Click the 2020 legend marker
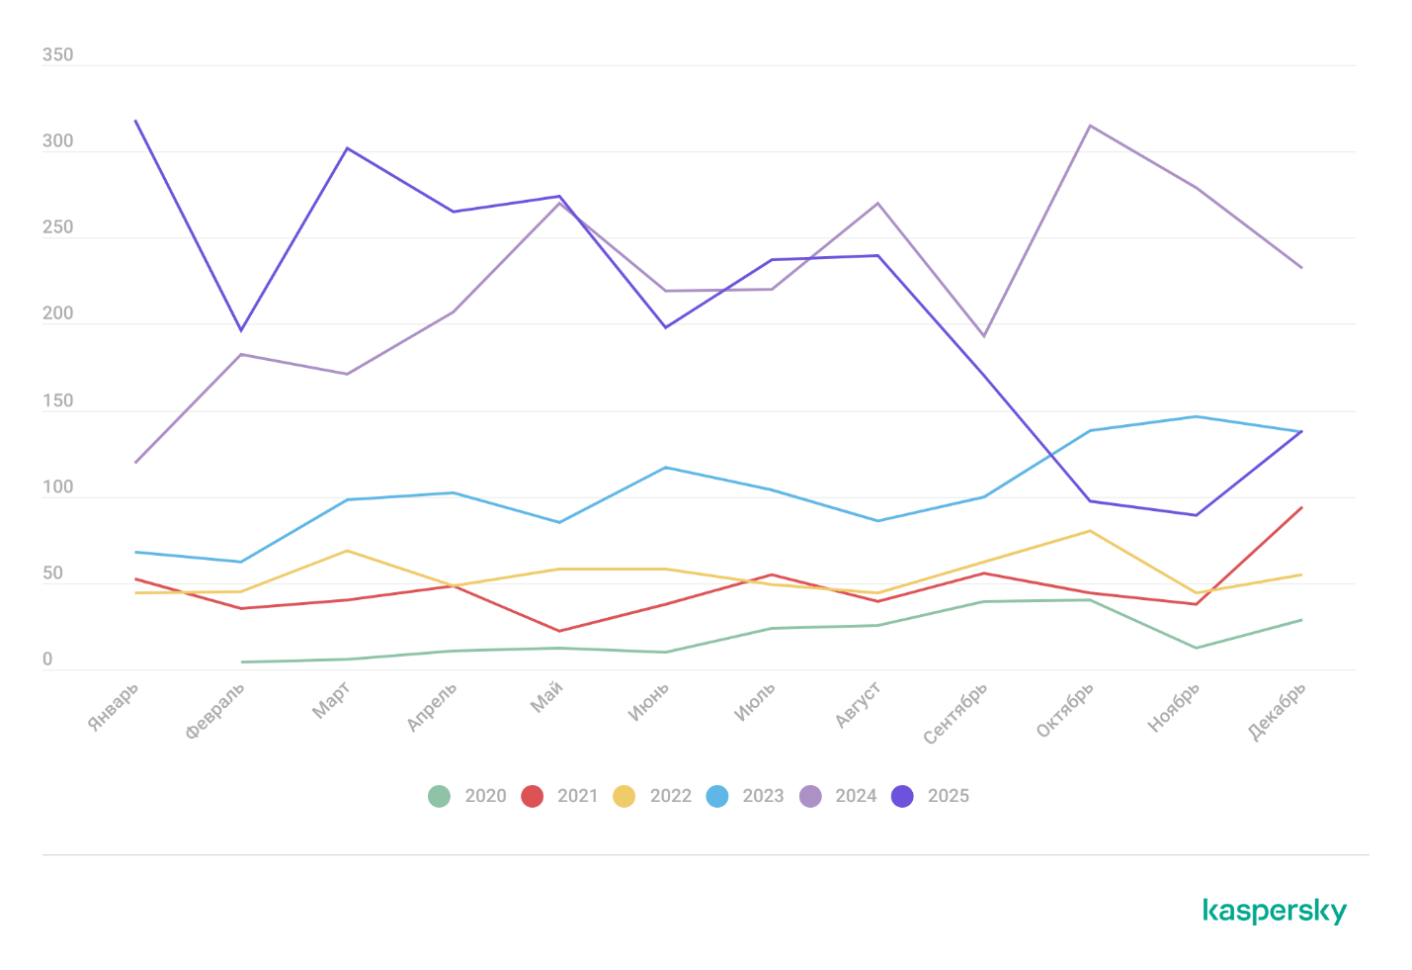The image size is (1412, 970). click(x=440, y=796)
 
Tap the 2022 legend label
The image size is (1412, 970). click(x=670, y=796)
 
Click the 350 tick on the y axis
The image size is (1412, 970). click(x=57, y=55)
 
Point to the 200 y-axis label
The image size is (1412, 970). click(x=57, y=314)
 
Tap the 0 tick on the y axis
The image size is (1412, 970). click(x=47, y=661)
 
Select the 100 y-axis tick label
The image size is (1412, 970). click(x=57, y=487)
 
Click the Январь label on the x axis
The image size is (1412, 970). click(x=114, y=707)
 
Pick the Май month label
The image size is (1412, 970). click(x=547, y=697)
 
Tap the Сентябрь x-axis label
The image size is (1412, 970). click(x=955, y=713)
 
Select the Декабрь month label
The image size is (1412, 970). click(x=1278, y=711)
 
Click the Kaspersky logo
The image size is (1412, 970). click(x=1275, y=911)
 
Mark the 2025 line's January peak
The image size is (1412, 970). click(x=135, y=121)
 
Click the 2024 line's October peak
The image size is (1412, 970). click(x=1090, y=126)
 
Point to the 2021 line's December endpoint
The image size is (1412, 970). click(x=1301, y=508)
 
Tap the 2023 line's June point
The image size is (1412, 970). click(x=666, y=468)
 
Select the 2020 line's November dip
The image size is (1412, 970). click(x=1196, y=648)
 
